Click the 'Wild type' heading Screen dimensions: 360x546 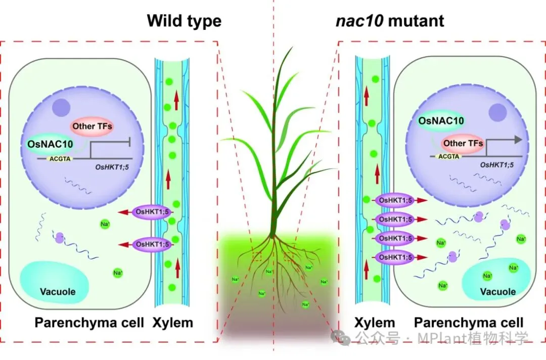pyautogui.click(x=184, y=21)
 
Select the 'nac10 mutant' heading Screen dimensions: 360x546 pyautogui.click(x=389, y=21)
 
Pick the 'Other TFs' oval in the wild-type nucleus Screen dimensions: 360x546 pyautogui.click(x=92, y=126)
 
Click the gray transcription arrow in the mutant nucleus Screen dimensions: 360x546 pyautogui.click(x=516, y=140)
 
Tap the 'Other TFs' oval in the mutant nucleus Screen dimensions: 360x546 pyautogui.click(x=463, y=143)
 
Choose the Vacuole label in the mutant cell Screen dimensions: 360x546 pyautogui.click(x=497, y=292)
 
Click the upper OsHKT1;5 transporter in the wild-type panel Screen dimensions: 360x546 pyautogui.click(x=152, y=212)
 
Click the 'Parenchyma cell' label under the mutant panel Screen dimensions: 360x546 pyautogui.click(x=469, y=323)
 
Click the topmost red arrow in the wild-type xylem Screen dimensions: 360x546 pyautogui.click(x=176, y=102)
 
